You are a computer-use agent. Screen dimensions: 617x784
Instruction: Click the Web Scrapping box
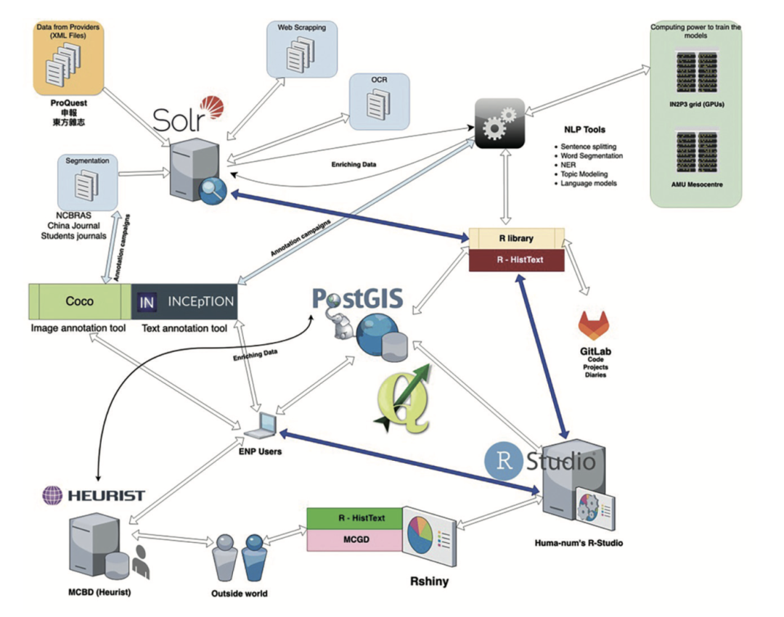tap(301, 50)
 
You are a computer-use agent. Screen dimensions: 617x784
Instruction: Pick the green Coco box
tap(79, 301)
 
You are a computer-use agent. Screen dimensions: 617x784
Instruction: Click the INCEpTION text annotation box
tap(184, 301)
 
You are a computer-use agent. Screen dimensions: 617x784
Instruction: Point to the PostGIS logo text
tap(358, 299)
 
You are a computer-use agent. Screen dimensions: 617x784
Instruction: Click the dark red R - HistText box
tap(516, 260)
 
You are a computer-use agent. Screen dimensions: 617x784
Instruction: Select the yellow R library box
tap(516, 237)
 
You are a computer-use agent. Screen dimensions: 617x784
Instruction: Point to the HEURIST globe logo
tap(53, 496)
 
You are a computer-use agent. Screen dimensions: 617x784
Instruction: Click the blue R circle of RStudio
tap(503, 459)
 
